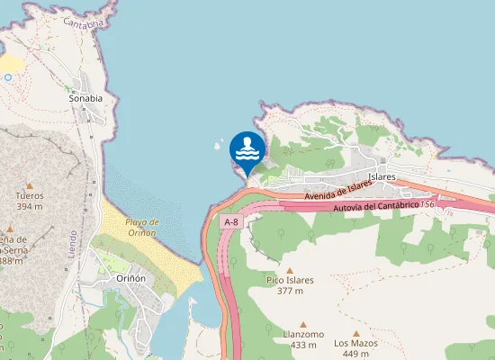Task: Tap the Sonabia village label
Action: tap(85, 98)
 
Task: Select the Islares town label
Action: tap(382, 177)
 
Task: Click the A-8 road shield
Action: tap(231, 221)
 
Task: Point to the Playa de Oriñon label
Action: tap(141, 227)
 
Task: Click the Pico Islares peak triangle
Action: tap(290, 269)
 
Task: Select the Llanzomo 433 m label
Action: tap(302, 339)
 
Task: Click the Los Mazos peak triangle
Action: tap(356, 333)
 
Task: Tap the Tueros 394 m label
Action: tap(30, 201)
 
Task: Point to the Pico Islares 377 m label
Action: tap(290, 285)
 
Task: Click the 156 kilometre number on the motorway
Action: tap(427, 204)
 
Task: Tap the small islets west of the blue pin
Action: tap(217, 144)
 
